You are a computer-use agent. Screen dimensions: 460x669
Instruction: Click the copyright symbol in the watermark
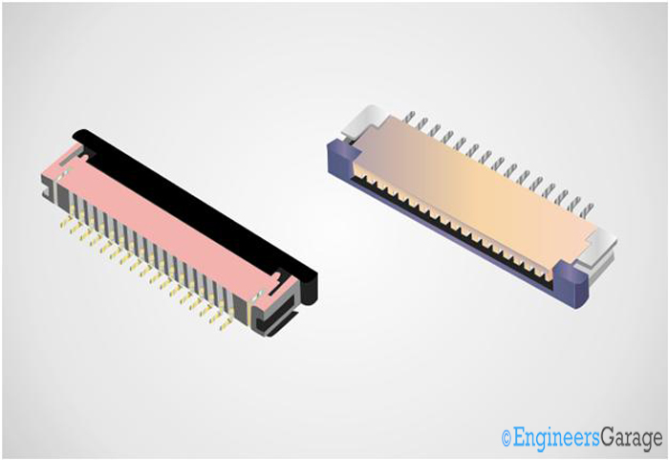(x=506, y=438)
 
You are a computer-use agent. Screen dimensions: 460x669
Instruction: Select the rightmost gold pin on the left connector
(x=227, y=323)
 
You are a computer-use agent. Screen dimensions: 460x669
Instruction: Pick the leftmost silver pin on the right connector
(x=408, y=119)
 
